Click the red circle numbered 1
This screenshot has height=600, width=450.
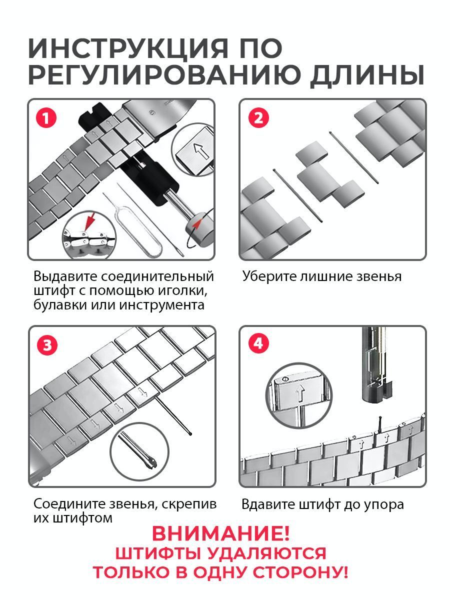pos(45,118)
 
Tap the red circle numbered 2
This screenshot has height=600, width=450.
pos(258,118)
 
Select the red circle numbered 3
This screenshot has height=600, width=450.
pos(47,345)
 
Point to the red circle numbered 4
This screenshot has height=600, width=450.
pos(258,343)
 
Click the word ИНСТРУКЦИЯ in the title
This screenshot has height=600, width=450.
pos(128,49)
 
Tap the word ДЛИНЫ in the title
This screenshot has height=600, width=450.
pos(366,75)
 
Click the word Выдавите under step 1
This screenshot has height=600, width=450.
pos(65,276)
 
